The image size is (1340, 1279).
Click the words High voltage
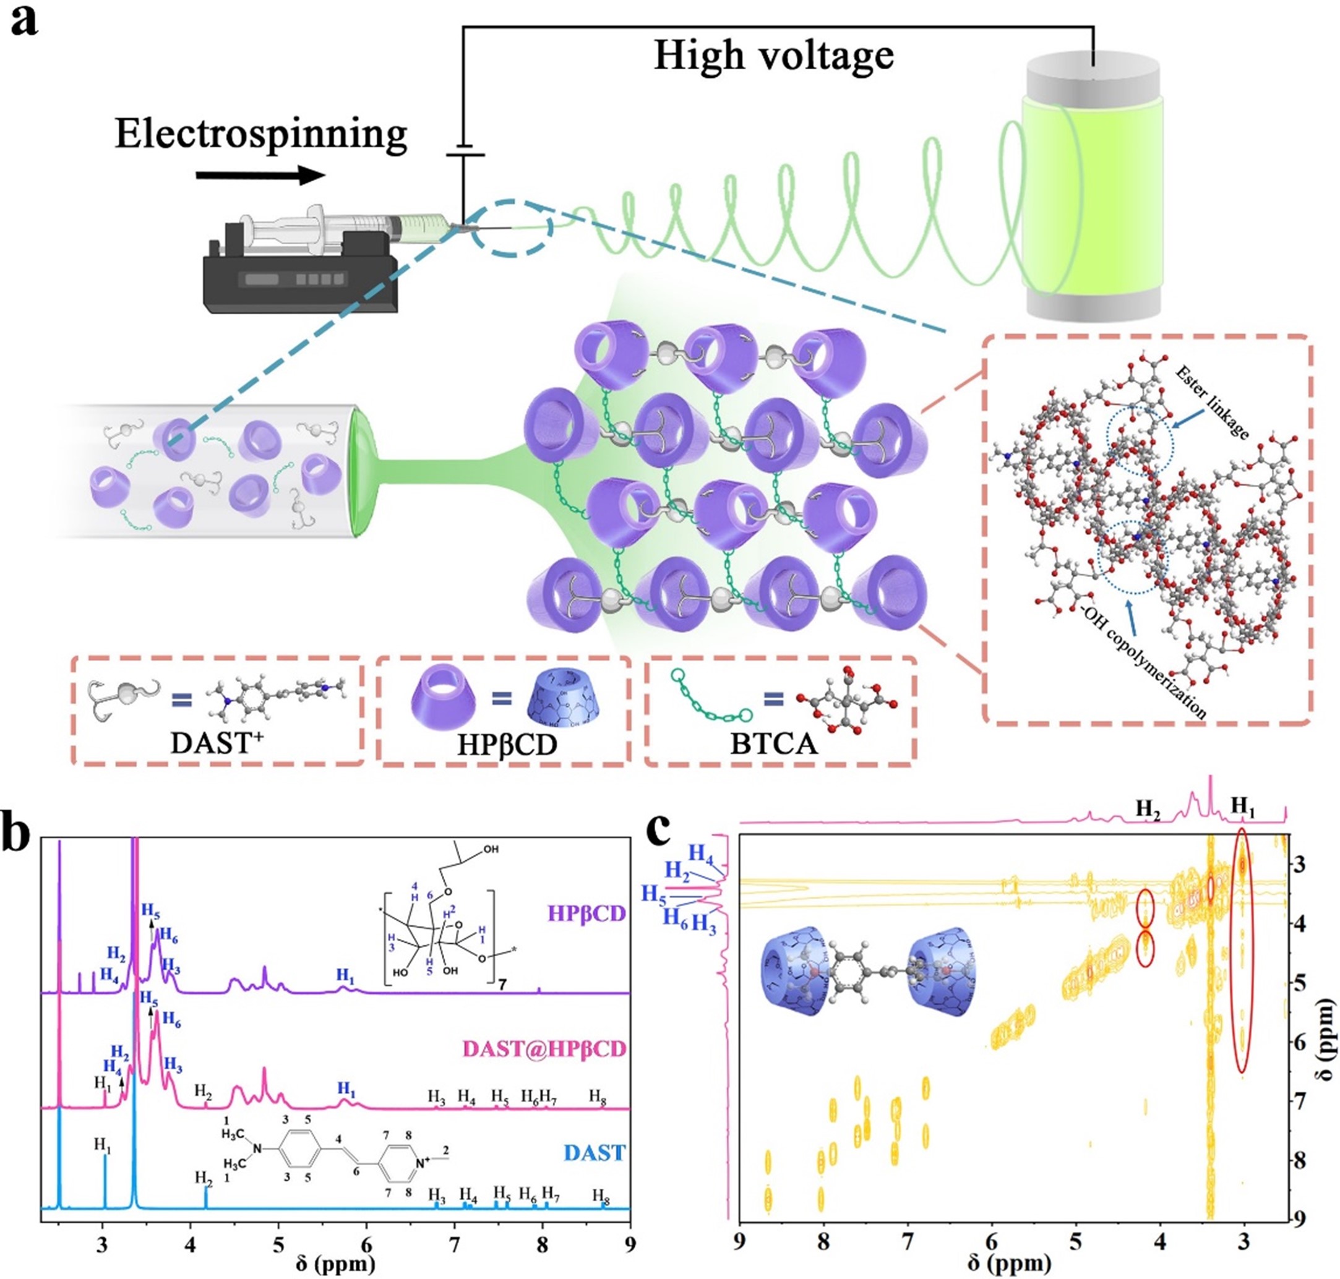pyautogui.click(x=773, y=56)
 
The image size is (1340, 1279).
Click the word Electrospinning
pyautogui.click(x=261, y=134)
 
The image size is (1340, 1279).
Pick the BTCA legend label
pyautogui.click(x=773, y=744)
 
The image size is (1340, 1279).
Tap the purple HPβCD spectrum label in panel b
pyautogui.click(x=586, y=913)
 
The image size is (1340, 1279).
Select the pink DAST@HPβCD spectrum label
pyautogui.click(x=544, y=1050)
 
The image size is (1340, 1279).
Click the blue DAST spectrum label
pyautogui.click(x=594, y=1153)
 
